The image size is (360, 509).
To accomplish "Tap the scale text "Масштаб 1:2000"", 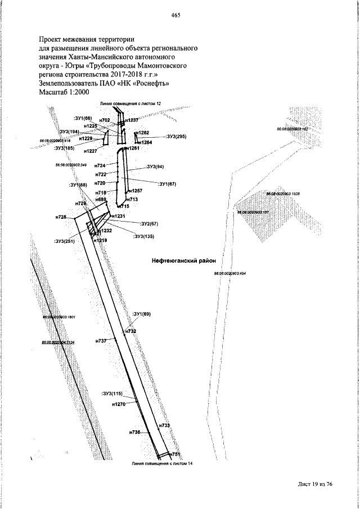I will (65, 92).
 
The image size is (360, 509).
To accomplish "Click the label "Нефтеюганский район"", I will (184, 260).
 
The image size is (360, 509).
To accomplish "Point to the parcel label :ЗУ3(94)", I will (156, 167).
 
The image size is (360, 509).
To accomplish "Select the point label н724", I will (101, 166).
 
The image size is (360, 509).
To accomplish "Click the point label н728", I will (61, 217).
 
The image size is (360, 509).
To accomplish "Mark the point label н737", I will (101, 341).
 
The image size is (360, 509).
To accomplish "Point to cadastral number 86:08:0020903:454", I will (230, 273).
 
